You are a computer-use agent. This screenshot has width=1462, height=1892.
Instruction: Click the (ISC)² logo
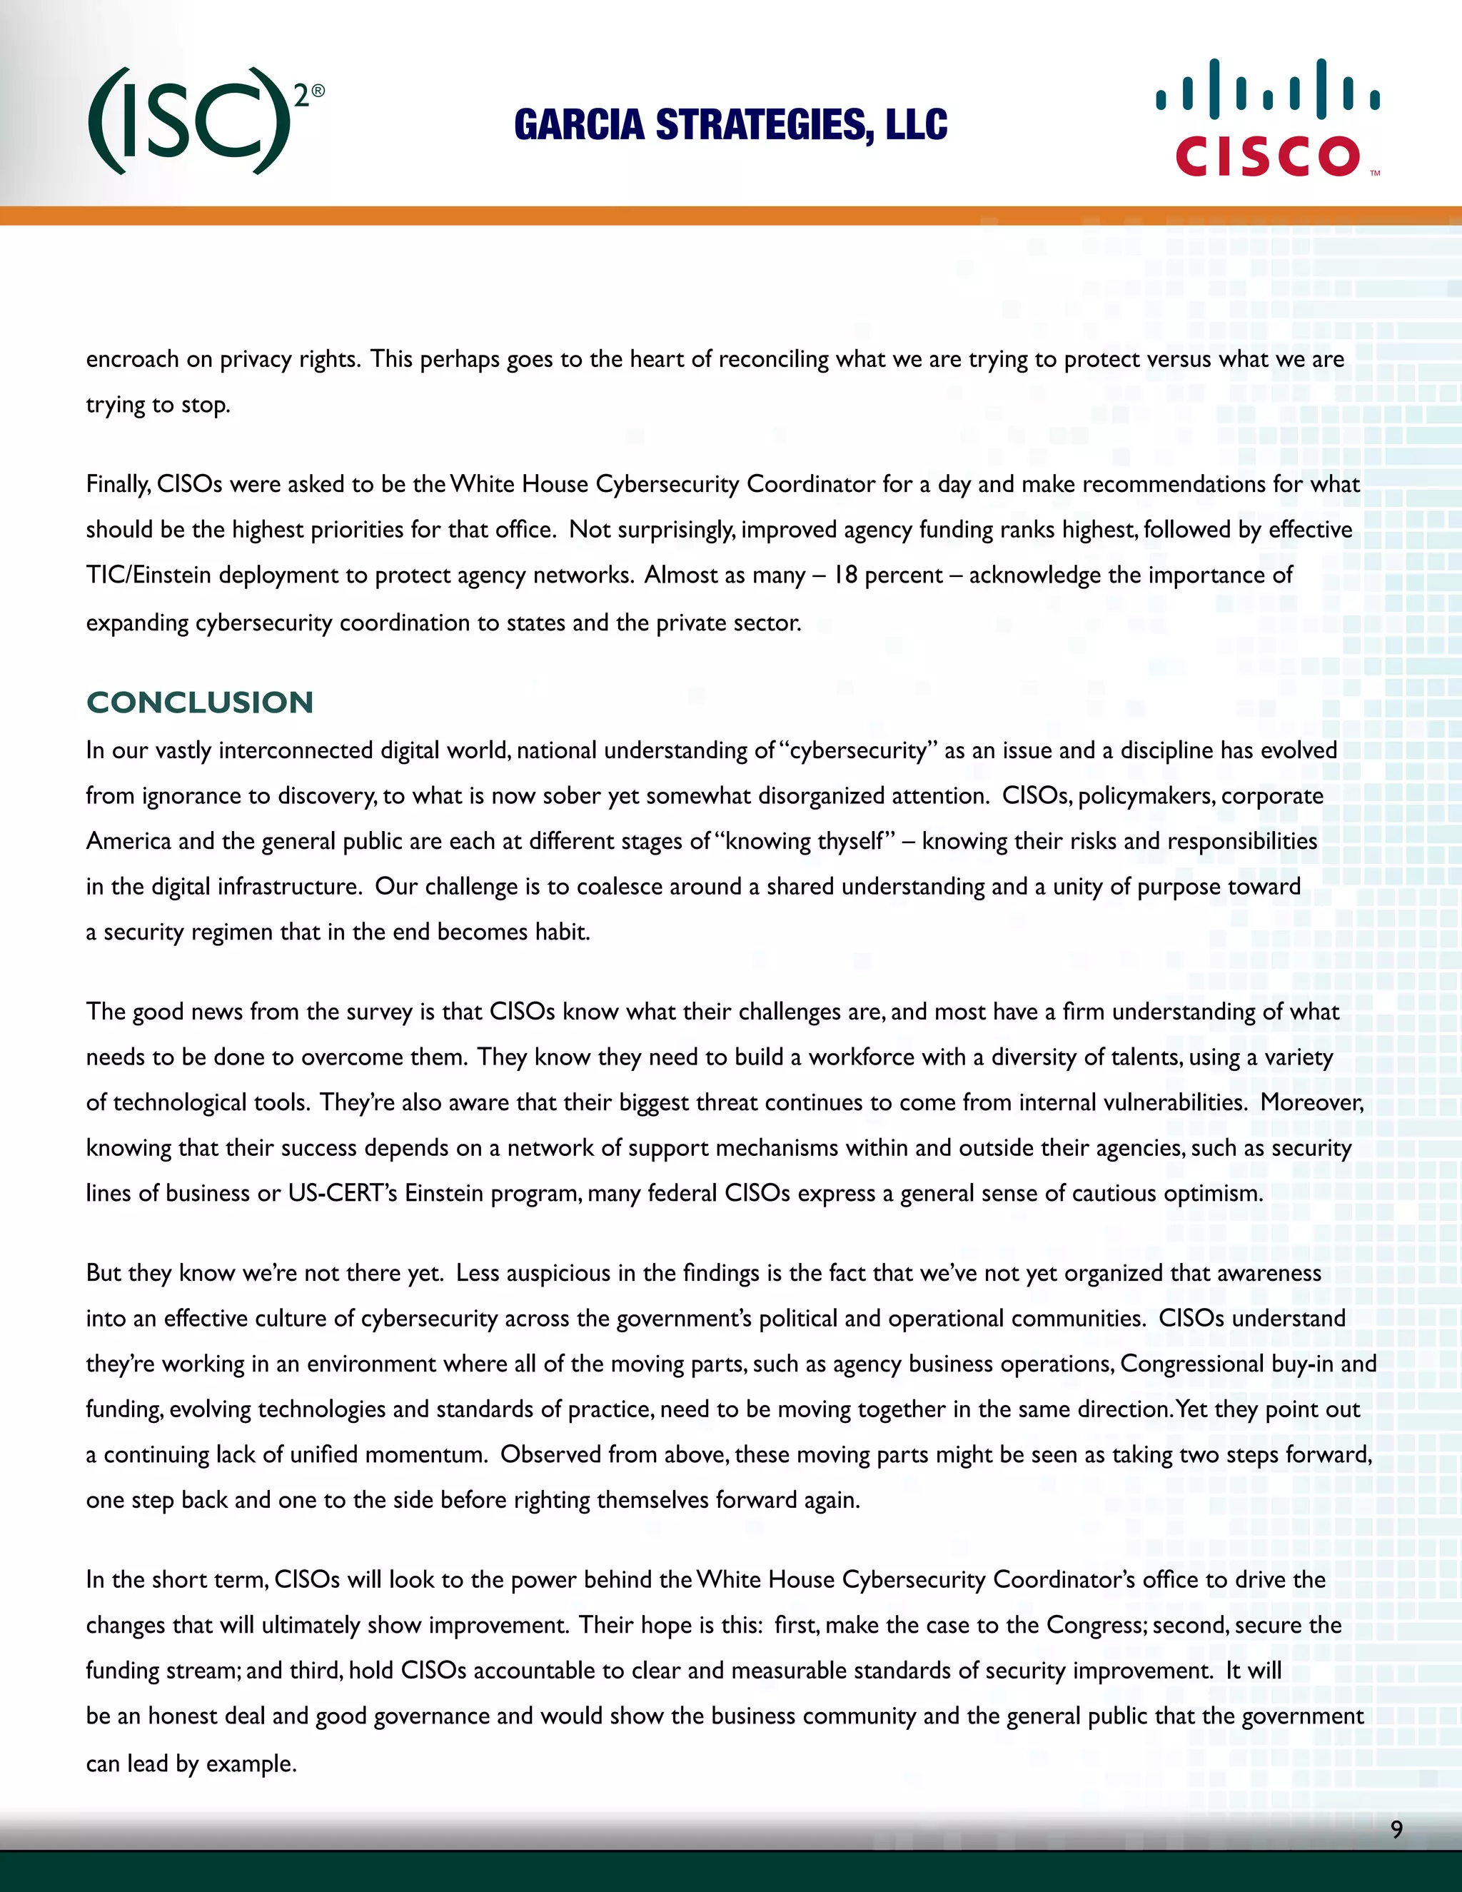(206, 121)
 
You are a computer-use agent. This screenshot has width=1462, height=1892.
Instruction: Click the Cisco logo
(1267, 119)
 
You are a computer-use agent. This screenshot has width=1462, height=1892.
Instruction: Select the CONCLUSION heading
(200, 702)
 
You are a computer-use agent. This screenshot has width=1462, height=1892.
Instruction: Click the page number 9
(1396, 1828)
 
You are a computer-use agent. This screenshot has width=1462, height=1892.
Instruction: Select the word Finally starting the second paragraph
(118, 484)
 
